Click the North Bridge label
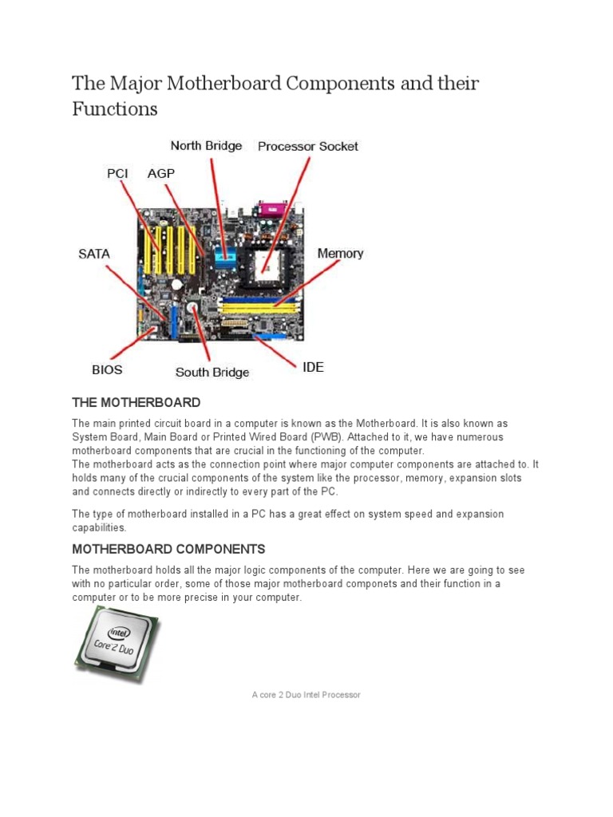pyautogui.click(x=207, y=146)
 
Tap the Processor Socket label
pyautogui.click(x=307, y=146)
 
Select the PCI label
pyautogui.click(x=117, y=173)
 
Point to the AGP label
pyautogui.click(x=161, y=173)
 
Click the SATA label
pyautogui.click(x=93, y=254)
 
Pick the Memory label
pyautogui.click(x=340, y=254)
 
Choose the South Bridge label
pyautogui.click(x=212, y=372)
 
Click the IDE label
pyautogui.click(x=312, y=368)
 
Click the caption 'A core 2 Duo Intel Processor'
pyautogui.click(x=306, y=695)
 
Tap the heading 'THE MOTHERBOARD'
pyautogui.click(x=136, y=402)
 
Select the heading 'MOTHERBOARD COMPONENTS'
pyautogui.click(x=168, y=549)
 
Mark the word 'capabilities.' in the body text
pyautogui.click(x=99, y=527)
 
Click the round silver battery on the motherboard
pyautogui.click(x=192, y=307)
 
